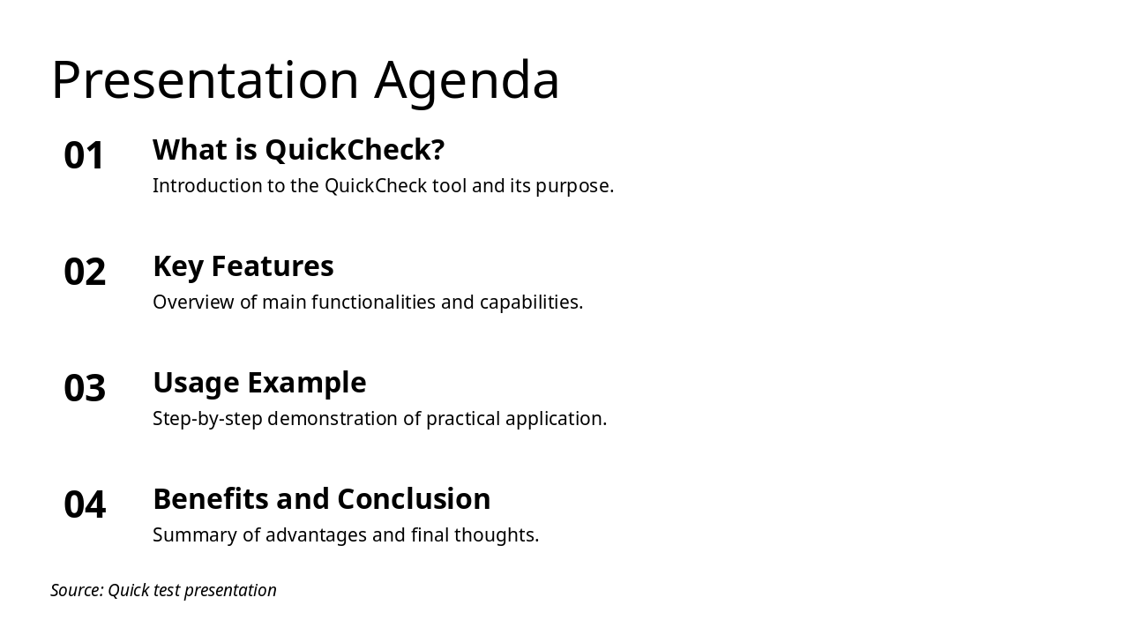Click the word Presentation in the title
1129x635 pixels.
pyautogui.click(x=205, y=80)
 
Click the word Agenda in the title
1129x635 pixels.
pyautogui.click(x=467, y=80)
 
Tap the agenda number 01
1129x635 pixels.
pyautogui.click(x=85, y=156)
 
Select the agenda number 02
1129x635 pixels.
pyautogui.click(x=85, y=273)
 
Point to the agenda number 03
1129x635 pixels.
pyautogui.click(x=85, y=389)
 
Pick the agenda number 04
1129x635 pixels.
pyautogui.click(x=85, y=505)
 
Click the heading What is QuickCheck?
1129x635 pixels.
pyautogui.click(x=298, y=150)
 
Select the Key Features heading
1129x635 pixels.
pyautogui.click(x=243, y=266)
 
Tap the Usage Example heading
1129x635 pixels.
pyautogui.click(x=259, y=383)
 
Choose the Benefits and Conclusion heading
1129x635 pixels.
pyautogui.click(x=321, y=499)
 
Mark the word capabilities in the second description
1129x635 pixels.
pyautogui.click(x=531, y=303)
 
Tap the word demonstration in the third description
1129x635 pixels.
pyautogui.click(x=333, y=419)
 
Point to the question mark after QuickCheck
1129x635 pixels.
pyautogui.click(x=437, y=150)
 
